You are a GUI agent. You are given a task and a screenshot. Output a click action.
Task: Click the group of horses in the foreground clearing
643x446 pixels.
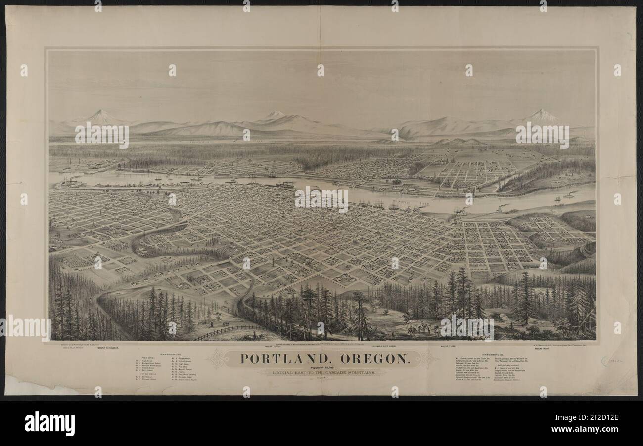[x=420, y=329]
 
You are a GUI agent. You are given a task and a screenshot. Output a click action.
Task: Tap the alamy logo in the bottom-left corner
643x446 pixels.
[x=49, y=423]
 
